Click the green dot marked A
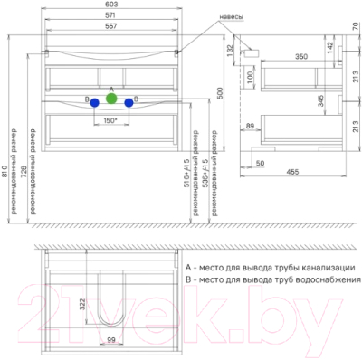111,98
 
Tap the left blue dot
95,104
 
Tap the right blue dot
129,104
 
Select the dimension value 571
111,18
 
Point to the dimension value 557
111,27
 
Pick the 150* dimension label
110,120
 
